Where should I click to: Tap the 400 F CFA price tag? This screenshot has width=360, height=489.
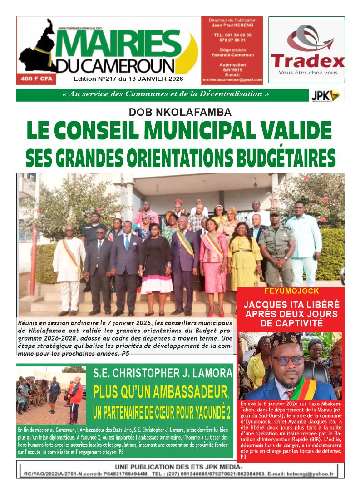click(x=32, y=79)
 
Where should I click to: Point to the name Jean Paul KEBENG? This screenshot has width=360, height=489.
click(x=232, y=25)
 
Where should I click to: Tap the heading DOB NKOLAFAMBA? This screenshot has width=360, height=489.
click(x=180, y=112)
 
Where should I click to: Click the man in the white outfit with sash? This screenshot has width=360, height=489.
click(x=69, y=268)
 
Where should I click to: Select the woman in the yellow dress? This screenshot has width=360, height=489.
click(x=245, y=263)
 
